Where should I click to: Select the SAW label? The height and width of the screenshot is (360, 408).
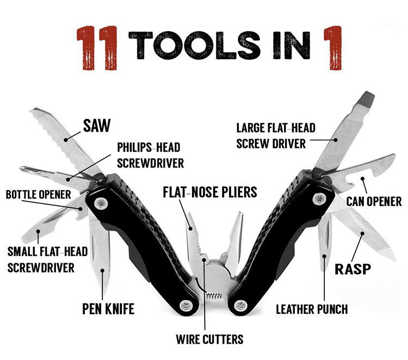pos(96,126)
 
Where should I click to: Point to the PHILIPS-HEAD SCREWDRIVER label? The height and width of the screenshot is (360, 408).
pos(149,155)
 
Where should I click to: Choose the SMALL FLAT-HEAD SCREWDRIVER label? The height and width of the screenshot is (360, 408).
pos(41,259)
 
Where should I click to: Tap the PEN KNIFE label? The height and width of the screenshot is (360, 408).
pos(108,309)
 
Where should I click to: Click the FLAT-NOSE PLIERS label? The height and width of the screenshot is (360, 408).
pos(209,192)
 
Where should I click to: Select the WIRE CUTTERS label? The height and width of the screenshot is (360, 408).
pos(209,340)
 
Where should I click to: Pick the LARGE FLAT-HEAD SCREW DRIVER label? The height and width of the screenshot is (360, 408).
pos(276,136)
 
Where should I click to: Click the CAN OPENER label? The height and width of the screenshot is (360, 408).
pos(374,202)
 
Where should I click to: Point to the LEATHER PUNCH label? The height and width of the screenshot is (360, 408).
pos(312,309)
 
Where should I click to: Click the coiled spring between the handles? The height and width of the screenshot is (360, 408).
pos(214,297)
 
